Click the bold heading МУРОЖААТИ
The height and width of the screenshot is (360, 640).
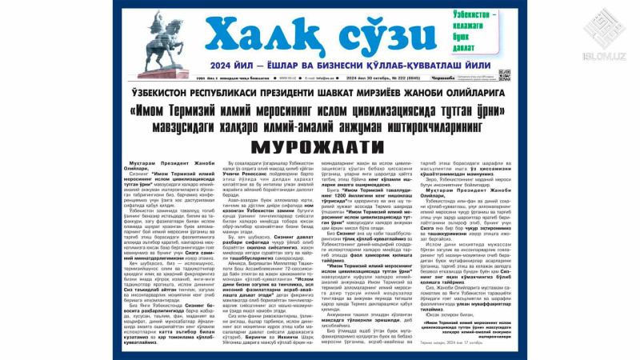click(318, 147)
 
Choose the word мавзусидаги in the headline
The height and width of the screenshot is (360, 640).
click(174, 126)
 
